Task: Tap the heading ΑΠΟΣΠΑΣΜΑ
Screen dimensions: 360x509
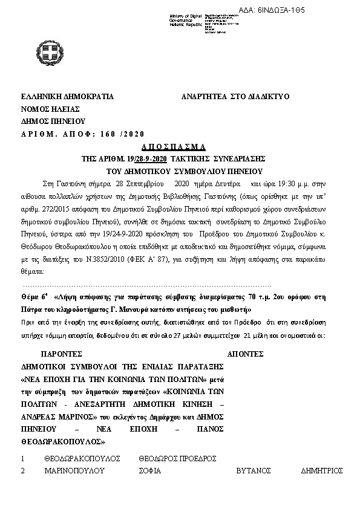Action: pos(174,147)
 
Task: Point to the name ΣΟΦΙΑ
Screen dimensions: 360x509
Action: pos(150,470)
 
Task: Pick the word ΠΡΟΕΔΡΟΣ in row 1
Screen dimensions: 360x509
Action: pos(197,459)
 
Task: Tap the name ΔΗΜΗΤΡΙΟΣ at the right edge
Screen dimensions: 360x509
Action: pos(321,470)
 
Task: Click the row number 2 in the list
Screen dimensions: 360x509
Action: pos(22,470)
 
